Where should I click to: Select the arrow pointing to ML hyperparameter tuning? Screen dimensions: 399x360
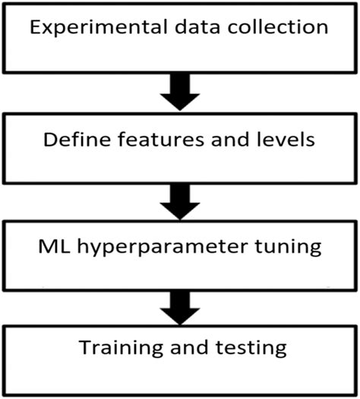180,199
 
